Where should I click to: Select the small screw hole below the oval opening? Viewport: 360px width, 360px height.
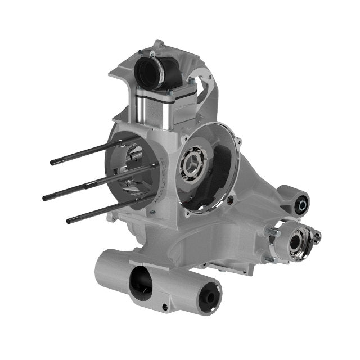click(x=164, y=307)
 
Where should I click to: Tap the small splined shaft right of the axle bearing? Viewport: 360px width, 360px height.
click(x=317, y=236)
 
